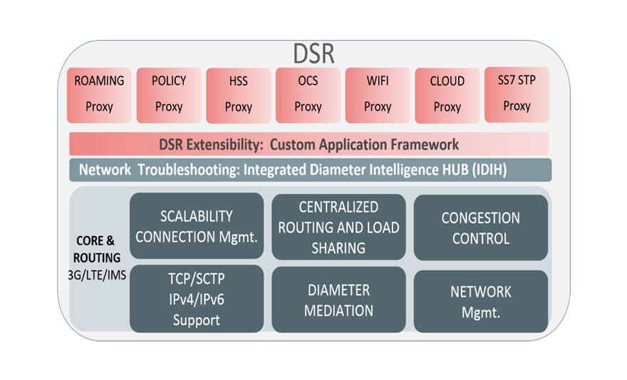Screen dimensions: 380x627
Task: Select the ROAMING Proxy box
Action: click(x=99, y=94)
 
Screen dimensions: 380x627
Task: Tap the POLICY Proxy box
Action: click(x=168, y=95)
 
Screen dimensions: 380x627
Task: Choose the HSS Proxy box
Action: click(x=238, y=95)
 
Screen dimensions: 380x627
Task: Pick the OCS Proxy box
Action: click(x=308, y=95)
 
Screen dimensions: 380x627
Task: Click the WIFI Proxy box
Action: click(x=377, y=95)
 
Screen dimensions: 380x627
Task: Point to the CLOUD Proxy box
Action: click(x=447, y=95)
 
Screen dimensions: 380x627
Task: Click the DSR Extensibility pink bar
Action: click(x=309, y=144)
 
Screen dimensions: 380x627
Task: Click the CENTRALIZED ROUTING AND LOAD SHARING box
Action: click(x=338, y=227)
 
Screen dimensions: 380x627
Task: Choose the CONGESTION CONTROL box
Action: click(x=480, y=228)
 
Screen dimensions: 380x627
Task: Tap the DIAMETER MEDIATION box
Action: click(x=338, y=300)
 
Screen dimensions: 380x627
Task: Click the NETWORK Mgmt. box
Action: click(x=480, y=301)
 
